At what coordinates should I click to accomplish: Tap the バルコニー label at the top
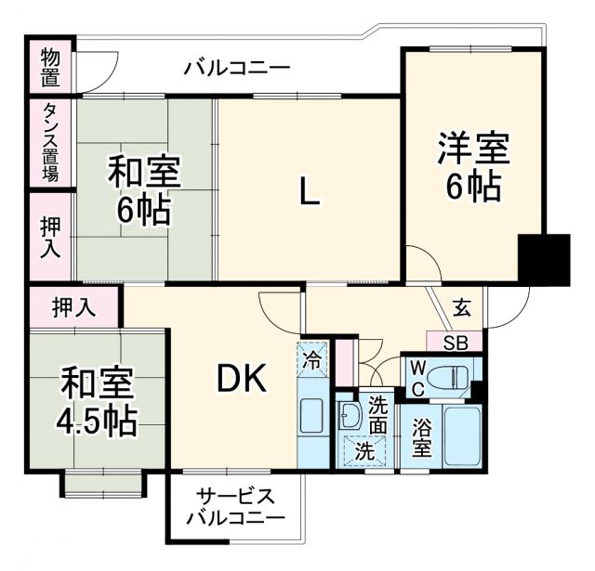pos(236,68)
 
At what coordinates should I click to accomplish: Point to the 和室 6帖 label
pos(143,190)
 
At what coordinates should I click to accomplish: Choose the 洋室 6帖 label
pos(471,167)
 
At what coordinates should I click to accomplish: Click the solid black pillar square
pos(544,260)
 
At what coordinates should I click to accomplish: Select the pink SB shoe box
pos(456,342)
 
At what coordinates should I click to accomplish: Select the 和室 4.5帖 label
pos(98,401)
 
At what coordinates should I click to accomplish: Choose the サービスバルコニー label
pos(234,506)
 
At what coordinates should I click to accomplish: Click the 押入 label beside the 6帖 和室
pos(50,237)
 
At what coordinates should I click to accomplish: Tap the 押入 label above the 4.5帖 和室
pos(73,305)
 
